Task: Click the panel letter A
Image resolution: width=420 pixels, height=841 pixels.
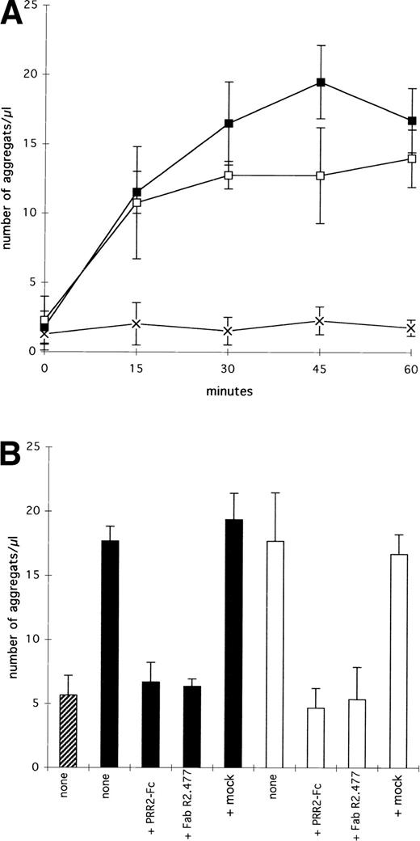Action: [x=14, y=15]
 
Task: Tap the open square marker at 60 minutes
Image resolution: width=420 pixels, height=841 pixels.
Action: [x=412, y=158]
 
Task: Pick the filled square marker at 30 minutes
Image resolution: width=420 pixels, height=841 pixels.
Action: [x=229, y=124]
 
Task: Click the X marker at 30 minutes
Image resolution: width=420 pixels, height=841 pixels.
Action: [x=229, y=331]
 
